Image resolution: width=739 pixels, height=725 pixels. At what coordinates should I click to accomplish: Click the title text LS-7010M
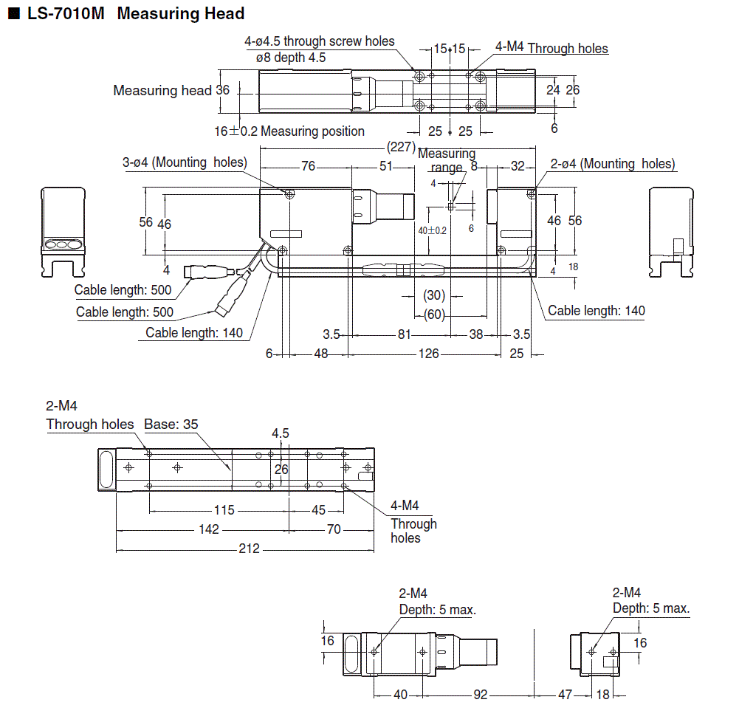click(64, 13)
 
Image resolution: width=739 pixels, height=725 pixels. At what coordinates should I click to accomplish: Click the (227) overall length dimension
click(401, 147)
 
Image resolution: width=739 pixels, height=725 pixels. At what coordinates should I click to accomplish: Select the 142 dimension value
click(209, 529)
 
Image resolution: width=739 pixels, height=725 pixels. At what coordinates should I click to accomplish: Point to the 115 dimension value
click(224, 510)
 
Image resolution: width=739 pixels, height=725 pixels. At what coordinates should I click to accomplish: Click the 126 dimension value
click(428, 354)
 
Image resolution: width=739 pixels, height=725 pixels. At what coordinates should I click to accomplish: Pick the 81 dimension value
click(404, 334)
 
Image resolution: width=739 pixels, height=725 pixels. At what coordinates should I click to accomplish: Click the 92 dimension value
click(480, 695)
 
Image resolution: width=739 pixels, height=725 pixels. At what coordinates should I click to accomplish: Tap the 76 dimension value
click(308, 167)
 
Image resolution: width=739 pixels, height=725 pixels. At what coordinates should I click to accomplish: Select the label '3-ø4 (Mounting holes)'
click(185, 162)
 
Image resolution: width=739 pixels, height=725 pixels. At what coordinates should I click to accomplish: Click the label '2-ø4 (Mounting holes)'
click(613, 164)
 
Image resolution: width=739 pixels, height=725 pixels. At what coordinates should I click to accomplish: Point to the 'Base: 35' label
click(171, 425)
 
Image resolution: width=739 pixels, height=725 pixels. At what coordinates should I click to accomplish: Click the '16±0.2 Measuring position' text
click(289, 131)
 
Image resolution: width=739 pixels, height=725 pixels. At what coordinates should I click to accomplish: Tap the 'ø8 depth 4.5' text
click(291, 57)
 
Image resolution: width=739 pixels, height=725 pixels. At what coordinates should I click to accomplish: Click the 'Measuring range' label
click(447, 160)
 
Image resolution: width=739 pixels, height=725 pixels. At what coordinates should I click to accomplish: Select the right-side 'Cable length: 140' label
click(596, 311)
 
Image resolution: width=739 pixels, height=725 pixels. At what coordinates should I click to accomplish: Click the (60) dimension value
click(435, 315)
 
